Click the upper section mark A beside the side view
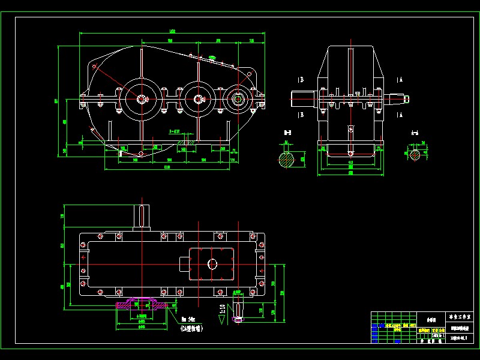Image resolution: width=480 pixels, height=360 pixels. click(399, 79)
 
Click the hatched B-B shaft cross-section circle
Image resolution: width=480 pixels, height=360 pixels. click(287, 159)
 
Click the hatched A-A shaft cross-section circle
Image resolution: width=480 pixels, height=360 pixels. click(415, 155)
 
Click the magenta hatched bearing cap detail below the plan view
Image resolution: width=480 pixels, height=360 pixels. click(139, 304)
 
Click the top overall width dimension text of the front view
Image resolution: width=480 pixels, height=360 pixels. click(172, 31)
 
